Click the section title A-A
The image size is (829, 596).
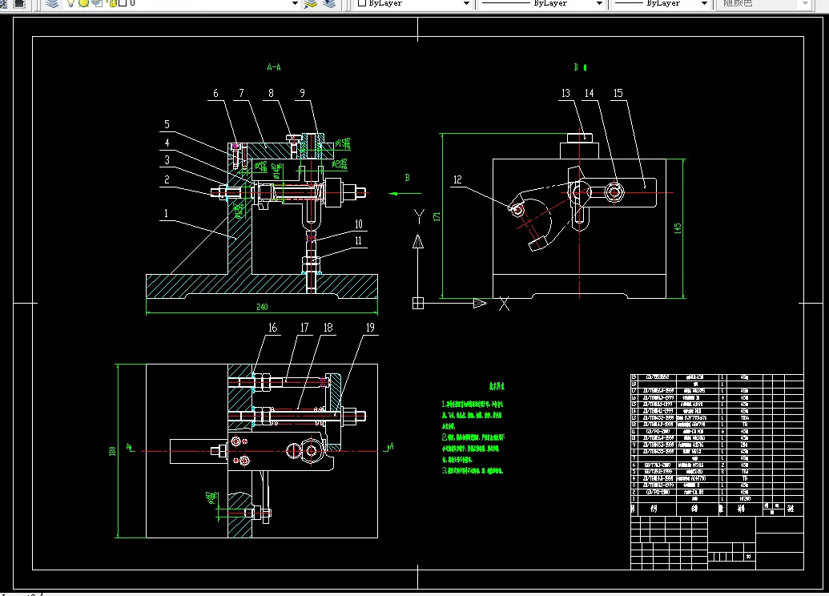274,68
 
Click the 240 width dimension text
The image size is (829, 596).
262,307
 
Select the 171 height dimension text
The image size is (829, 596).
437,216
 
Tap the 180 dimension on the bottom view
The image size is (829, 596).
111,452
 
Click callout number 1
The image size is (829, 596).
166,214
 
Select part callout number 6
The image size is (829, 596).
215,94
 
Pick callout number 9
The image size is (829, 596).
302,94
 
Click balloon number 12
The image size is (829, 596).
458,179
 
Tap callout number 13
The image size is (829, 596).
565,94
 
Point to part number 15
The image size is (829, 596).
618,94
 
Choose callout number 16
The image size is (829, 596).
272,328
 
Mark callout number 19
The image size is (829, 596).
371,328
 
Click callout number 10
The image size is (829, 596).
359,224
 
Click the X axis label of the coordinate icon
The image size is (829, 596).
505,304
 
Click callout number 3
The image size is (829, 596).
167,161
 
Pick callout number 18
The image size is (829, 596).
328,328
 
